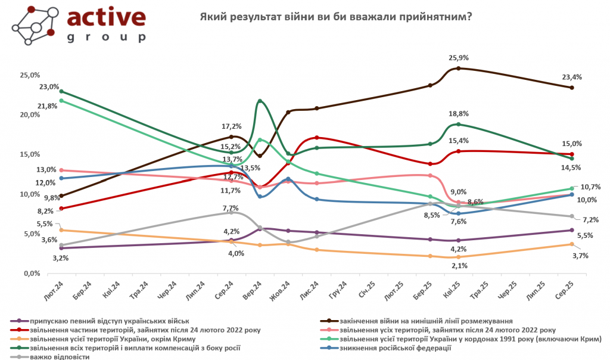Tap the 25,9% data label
click(459, 58)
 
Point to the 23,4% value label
click(572, 77)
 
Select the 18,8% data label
click(459, 113)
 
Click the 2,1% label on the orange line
click(459, 266)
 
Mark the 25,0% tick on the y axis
click(30, 75)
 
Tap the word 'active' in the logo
click(106, 18)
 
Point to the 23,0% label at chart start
click(49, 86)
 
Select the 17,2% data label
click(231, 126)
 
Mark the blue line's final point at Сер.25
click(572, 194)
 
